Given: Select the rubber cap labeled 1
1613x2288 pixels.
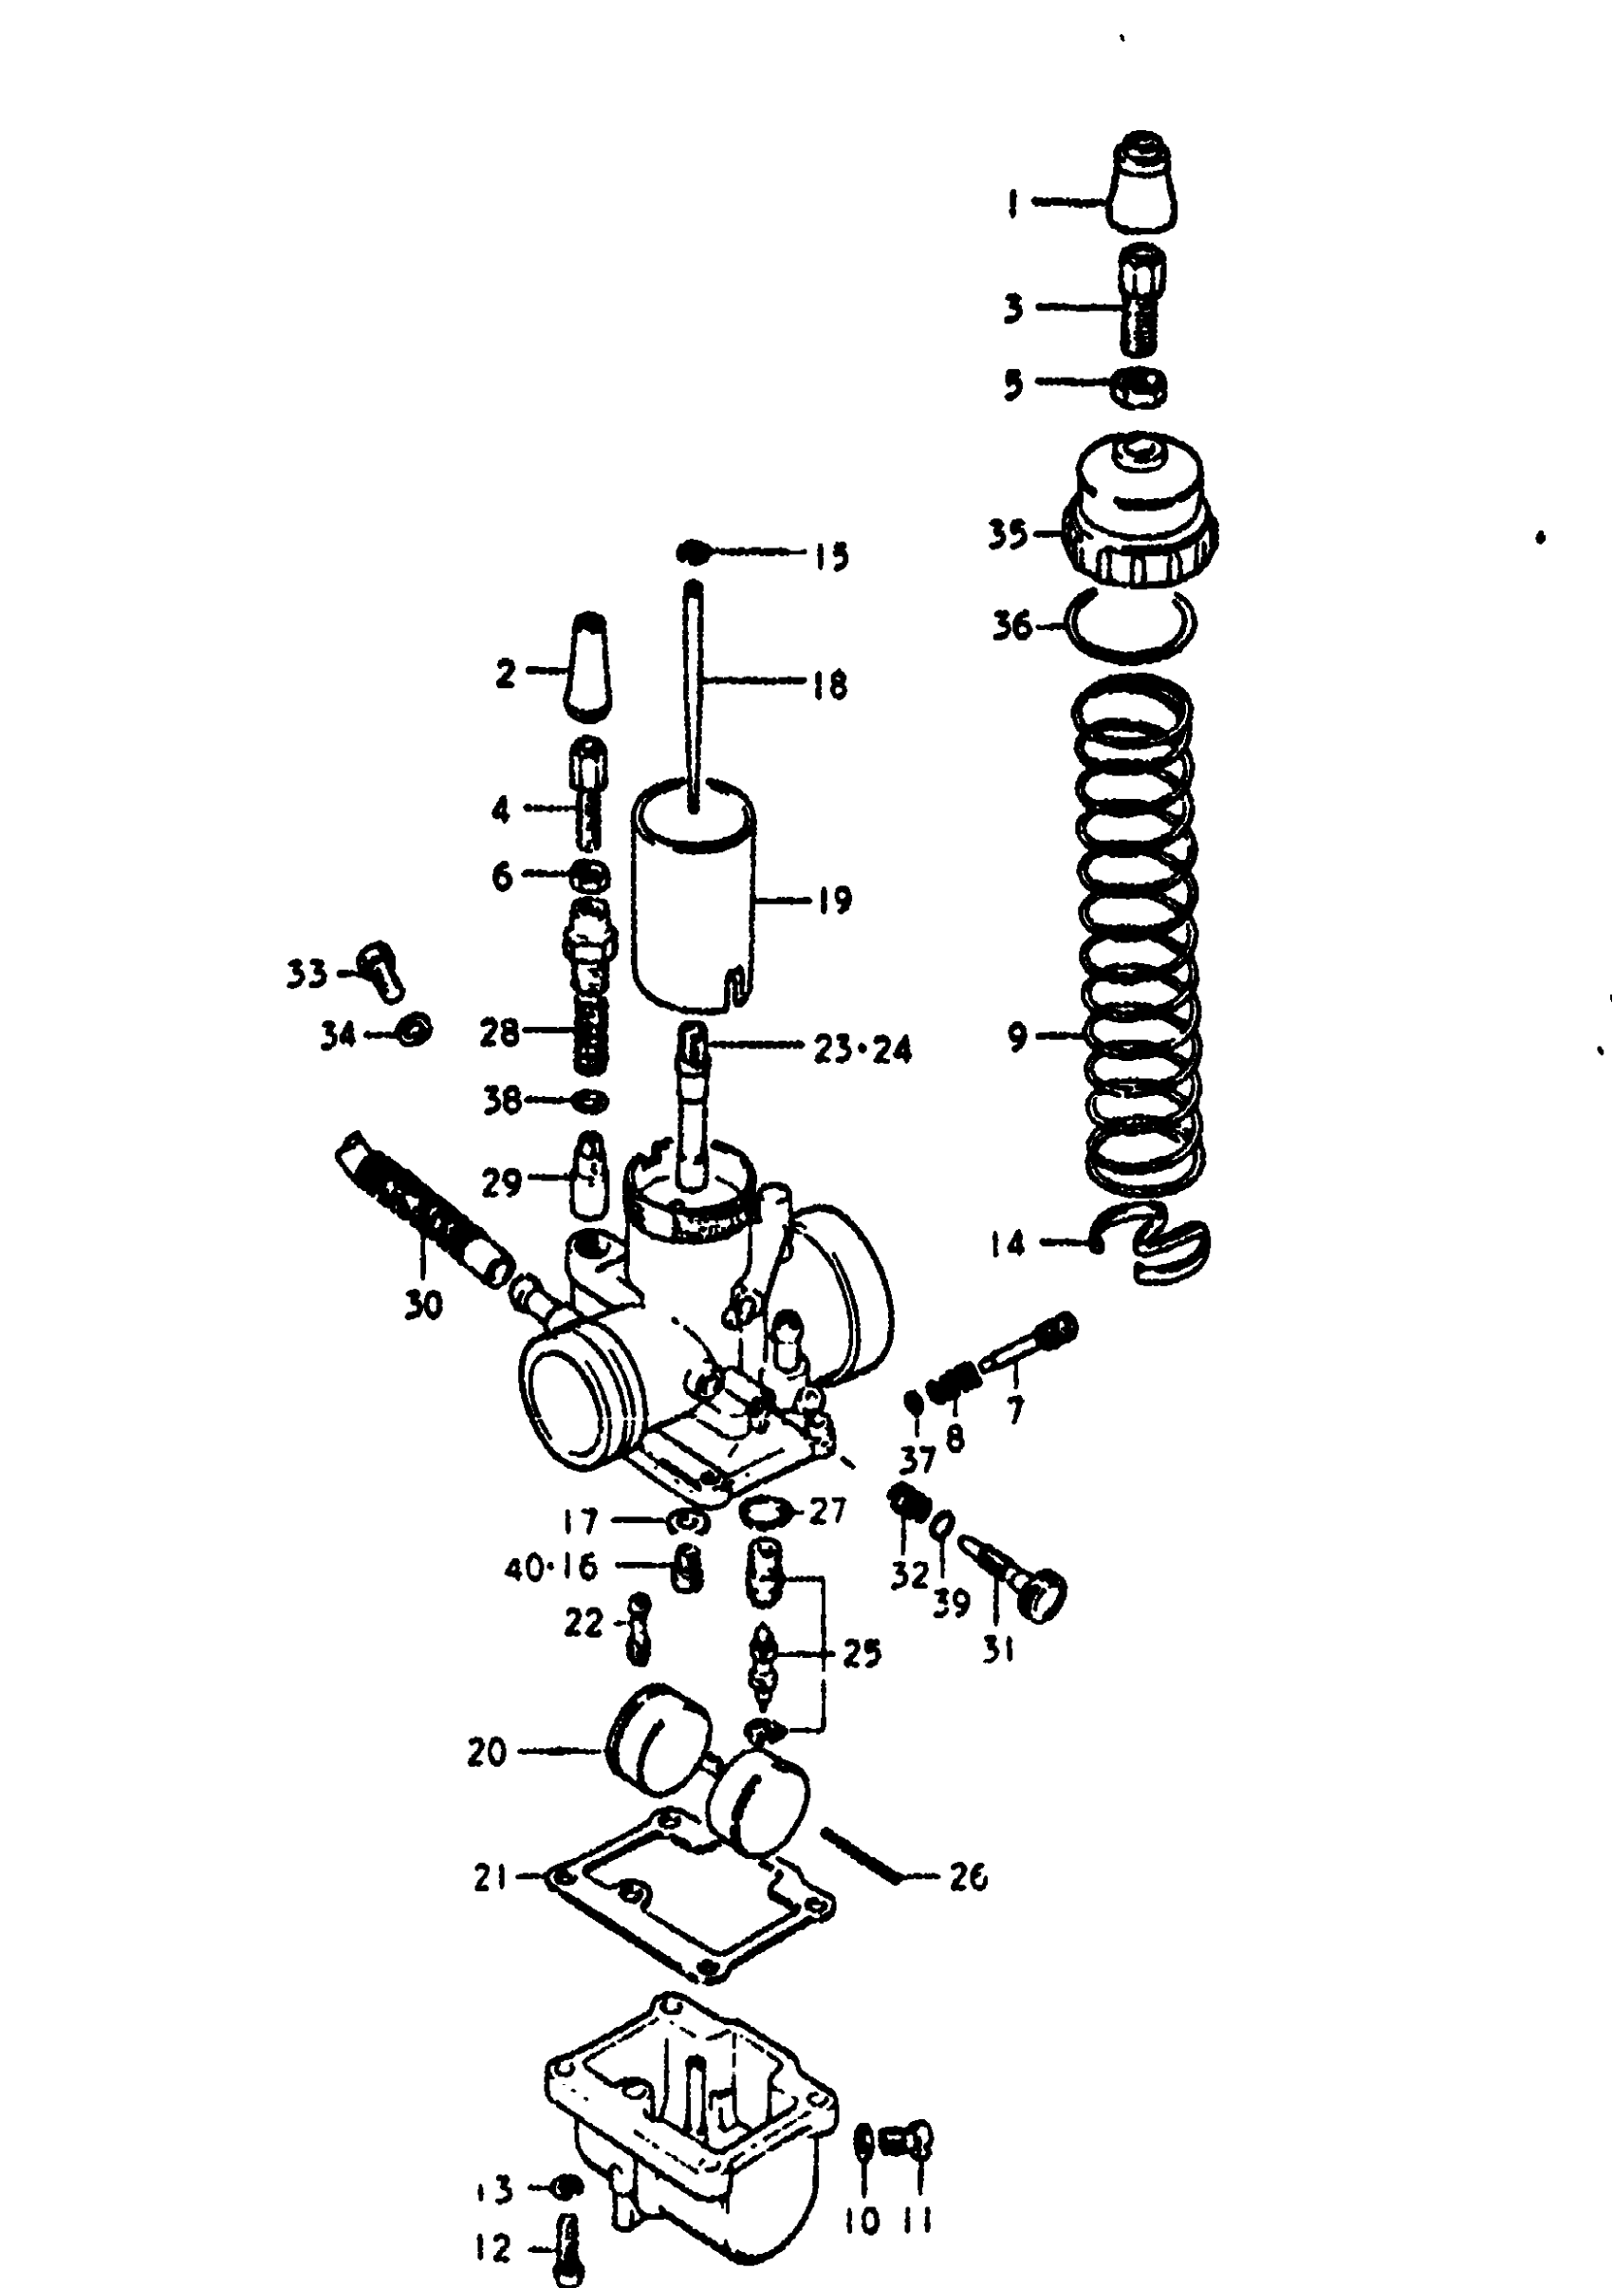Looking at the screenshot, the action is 1141,183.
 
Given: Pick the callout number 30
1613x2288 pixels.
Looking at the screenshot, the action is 423,1305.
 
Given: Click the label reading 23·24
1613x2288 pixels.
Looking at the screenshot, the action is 862,1050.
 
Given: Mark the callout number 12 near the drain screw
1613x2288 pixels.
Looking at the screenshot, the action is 493,2247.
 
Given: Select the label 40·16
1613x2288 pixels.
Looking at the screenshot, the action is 551,1568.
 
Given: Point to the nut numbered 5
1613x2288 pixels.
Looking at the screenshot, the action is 1139,385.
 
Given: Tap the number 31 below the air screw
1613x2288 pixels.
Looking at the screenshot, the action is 997,1649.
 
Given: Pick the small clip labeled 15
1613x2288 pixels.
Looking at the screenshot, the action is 692,552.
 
